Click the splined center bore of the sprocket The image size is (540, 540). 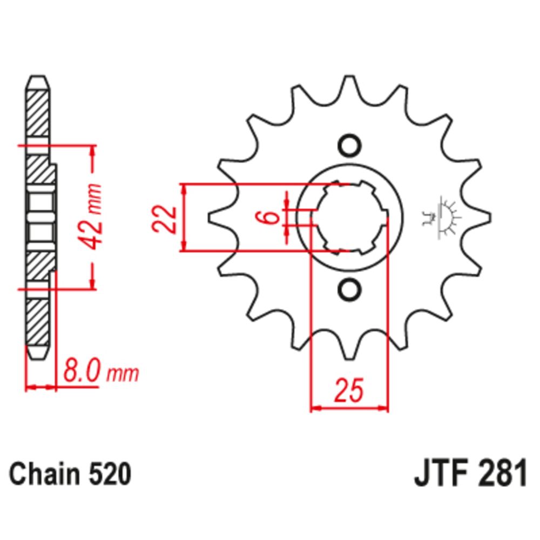351,218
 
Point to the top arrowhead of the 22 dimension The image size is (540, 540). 185,190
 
